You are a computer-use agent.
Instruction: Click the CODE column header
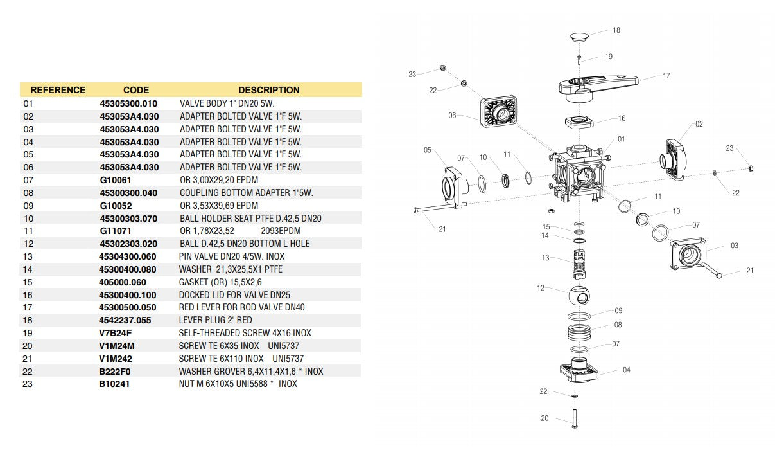pos(135,90)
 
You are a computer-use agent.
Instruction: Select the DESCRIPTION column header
pos(268,90)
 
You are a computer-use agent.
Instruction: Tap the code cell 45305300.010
pos(128,103)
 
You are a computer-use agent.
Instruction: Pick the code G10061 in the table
pos(116,180)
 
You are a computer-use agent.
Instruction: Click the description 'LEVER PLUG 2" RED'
pos(215,320)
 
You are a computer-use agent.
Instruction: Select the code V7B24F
pos(116,333)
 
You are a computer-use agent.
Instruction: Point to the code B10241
pos(115,384)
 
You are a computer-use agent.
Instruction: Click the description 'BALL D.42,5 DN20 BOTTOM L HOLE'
pos(245,244)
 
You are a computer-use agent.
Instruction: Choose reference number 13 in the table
pos(28,256)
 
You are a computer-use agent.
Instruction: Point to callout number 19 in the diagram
pos(608,57)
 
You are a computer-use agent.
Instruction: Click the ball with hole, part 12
pos(580,296)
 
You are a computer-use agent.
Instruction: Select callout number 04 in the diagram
pos(627,370)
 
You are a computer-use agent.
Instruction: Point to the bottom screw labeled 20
pos(575,418)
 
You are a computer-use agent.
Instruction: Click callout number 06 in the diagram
pos(452,116)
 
